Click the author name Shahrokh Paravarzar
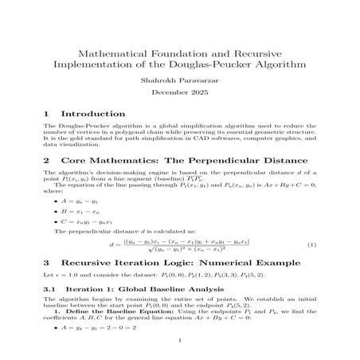click(x=181, y=80)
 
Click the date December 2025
click(x=181, y=94)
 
